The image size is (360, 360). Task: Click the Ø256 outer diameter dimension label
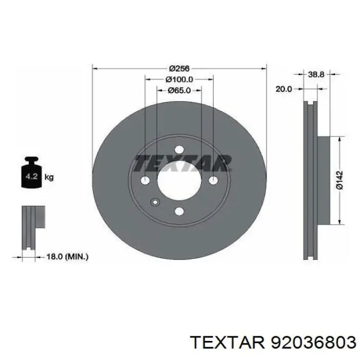click(179, 68)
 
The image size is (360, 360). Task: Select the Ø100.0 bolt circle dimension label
click(179, 79)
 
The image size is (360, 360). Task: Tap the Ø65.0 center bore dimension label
click(179, 91)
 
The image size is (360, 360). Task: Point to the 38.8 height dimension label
click(316, 74)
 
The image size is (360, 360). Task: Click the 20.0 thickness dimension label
click(283, 89)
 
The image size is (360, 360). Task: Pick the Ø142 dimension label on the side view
click(339, 180)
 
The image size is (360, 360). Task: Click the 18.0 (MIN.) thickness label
click(67, 257)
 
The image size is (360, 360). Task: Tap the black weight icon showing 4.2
click(31, 172)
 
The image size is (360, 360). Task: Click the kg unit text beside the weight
click(49, 177)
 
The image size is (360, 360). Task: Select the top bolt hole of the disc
click(179, 150)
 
